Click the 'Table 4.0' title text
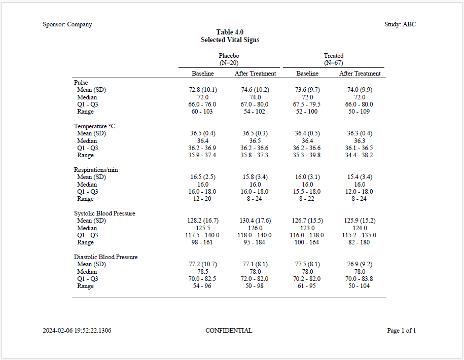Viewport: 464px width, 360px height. click(230, 32)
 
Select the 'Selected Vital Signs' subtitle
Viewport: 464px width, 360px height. click(230, 40)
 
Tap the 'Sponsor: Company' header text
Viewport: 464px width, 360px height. click(67, 24)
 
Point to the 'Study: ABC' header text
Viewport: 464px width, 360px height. click(400, 24)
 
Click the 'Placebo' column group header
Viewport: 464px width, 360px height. click(229, 56)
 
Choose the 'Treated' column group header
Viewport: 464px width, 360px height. click(334, 56)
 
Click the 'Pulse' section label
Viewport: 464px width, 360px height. click(81, 83)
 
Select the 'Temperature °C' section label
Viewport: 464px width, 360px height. click(95, 126)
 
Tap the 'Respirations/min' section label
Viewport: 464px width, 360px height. click(96, 170)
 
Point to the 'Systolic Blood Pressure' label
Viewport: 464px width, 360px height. click(104, 213)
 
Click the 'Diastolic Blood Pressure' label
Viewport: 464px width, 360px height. click(105, 257)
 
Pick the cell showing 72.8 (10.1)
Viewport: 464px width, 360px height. click(203, 90)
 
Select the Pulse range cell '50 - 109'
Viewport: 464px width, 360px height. click(360, 112)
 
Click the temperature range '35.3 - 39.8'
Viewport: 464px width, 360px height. click(307, 155)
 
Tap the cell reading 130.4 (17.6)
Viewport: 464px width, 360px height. click(255, 221)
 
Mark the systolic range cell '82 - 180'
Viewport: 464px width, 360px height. click(360, 242)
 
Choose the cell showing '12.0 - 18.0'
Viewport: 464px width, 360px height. click(360, 192)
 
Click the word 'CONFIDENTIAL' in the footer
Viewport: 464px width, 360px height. click(229, 331)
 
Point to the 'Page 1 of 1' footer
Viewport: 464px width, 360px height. click(401, 331)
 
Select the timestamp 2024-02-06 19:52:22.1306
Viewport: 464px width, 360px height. click(77, 331)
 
